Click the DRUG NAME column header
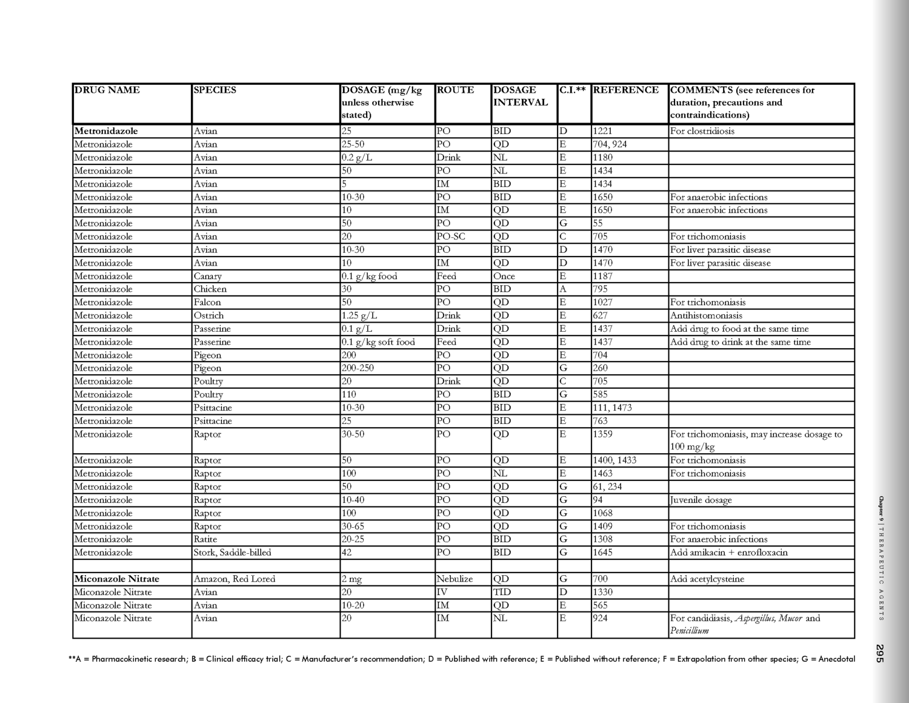coord(107,90)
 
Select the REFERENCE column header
coord(626,90)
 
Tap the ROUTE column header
coord(455,90)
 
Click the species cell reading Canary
coord(208,277)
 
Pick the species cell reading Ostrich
coord(208,316)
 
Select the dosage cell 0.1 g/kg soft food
coord(378,342)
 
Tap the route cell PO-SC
coord(451,237)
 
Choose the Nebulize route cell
coord(454,579)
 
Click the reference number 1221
coord(602,131)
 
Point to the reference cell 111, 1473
coord(612,408)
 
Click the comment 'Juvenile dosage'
coord(701,500)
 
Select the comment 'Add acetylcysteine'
coord(708,579)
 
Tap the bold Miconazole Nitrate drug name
coord(116,579)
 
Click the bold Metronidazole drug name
coord(106,131)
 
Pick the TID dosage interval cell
coord(502,593)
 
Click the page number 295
coord(880,653)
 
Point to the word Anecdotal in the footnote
coord(837,659)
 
